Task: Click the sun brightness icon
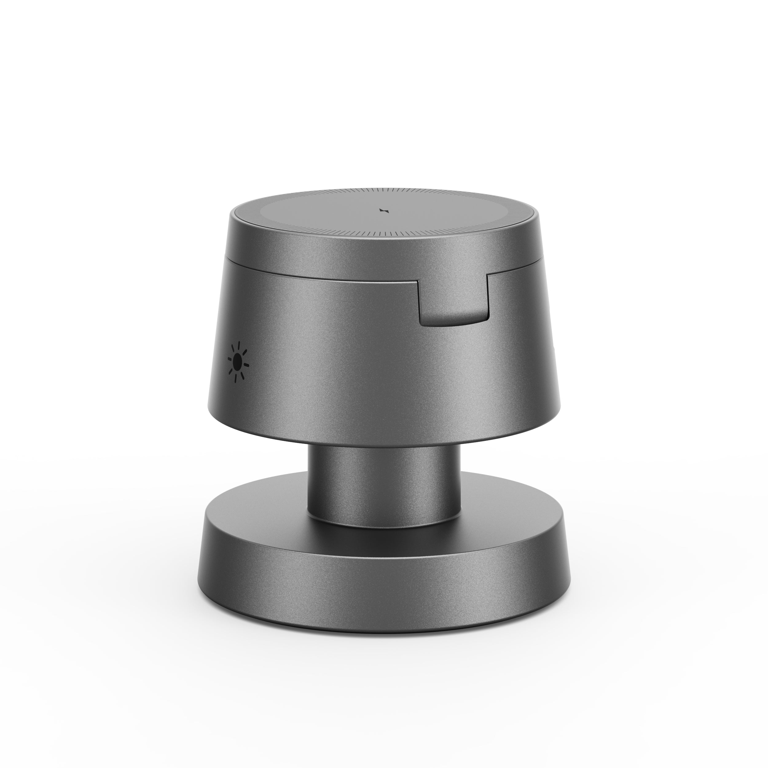click(x=237, y=362)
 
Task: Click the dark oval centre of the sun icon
click(x=237, y=362)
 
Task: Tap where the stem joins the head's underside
click(x=384, y=446)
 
